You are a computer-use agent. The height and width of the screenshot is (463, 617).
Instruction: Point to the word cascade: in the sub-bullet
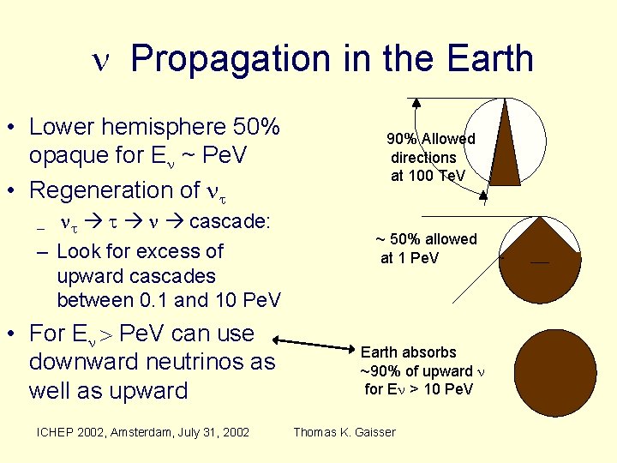229,222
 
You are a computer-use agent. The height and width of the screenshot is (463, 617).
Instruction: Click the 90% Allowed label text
430,139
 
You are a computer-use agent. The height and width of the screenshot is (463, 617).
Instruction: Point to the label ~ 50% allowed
427,239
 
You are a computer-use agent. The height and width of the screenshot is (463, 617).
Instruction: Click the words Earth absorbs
408,352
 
